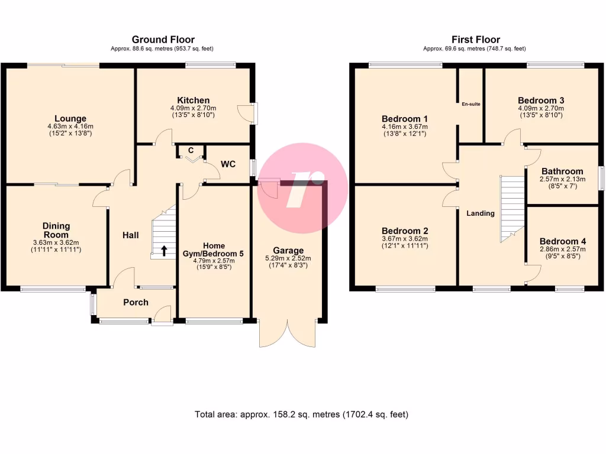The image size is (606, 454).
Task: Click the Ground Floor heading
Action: coord(163,40)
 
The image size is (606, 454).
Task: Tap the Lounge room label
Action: coord(70,119)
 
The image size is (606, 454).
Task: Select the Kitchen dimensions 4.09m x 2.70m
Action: coord(193,108)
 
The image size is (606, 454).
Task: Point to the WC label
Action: coord(228,163)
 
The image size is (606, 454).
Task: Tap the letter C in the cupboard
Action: coord(191,150)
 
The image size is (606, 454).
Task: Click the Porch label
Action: coord(136,302)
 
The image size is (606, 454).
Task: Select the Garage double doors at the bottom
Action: coord(288,334)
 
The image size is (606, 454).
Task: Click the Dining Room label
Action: coord(56,230)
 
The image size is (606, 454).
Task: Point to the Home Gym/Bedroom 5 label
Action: coord(214,249)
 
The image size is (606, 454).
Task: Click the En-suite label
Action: coord(471,104)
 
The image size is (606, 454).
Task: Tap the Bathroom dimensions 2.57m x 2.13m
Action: coord(562,179)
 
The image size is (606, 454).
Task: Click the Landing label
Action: coord(480,213)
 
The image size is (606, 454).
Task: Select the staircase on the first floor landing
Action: coord(512,207)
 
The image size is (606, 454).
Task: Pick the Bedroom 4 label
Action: coord(562,241)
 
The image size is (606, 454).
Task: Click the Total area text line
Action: coord(301,414)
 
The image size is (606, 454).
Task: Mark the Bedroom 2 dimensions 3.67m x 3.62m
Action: coord(405,238)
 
